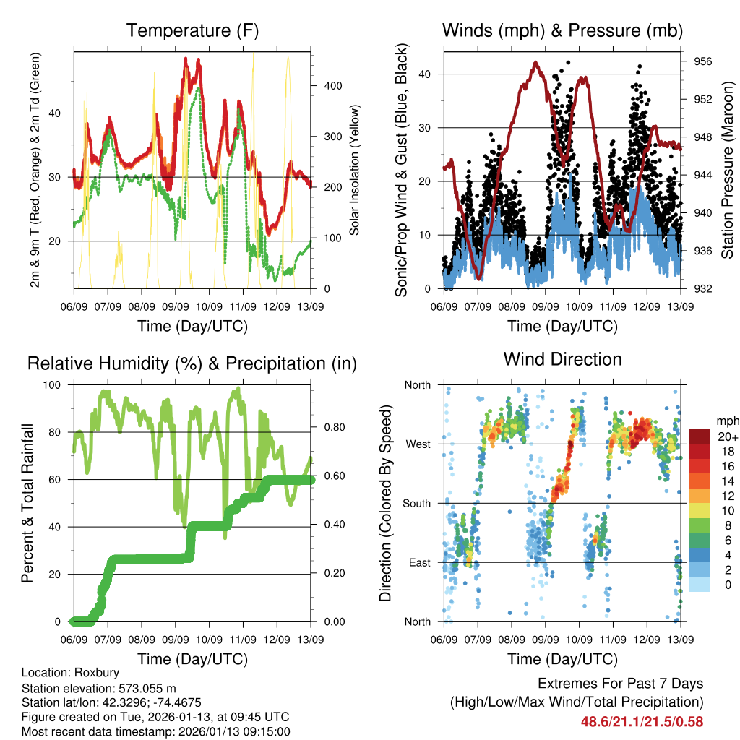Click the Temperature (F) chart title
coord(192,30)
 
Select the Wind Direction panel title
coord(562,358)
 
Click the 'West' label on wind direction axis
coord(418,444)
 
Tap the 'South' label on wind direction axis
coord(416,503)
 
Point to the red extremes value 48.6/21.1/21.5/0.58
coord(642,721)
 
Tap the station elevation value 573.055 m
coord(147,688)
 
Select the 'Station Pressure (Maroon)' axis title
coord(728,171)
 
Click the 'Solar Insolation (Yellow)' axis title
coord(355,171)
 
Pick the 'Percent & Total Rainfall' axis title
coord(27,503)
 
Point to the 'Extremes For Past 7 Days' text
coord(620,684)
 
